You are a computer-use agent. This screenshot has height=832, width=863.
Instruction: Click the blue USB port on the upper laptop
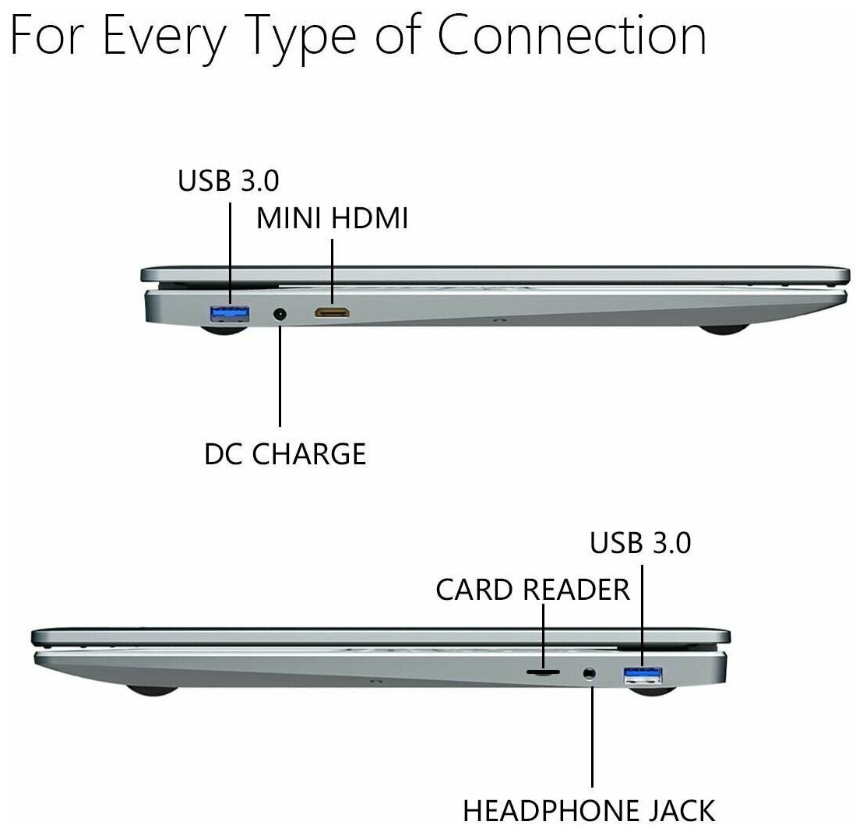(230, 314)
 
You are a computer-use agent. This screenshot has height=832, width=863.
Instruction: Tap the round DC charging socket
(280, 315)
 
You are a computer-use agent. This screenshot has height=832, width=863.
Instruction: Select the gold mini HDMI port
(333, 313)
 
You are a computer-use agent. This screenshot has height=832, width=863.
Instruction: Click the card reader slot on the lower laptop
(543, 670)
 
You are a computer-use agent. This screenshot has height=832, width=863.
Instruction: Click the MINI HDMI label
(333, 219)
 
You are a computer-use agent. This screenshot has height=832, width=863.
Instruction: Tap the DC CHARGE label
(285, 453)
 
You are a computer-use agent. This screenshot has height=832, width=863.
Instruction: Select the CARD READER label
(533, 589)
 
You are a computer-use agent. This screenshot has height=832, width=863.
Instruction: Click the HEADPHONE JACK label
(589, 810)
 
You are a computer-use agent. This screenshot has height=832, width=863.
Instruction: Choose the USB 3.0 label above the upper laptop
(228, 181)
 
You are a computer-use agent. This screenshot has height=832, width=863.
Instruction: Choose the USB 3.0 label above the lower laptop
(640, 543)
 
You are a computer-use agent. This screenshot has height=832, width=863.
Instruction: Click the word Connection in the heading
(572, 37)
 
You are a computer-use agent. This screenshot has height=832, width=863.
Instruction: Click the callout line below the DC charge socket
(280, 374)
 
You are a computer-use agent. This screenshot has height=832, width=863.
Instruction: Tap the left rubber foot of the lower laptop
(150, 689)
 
